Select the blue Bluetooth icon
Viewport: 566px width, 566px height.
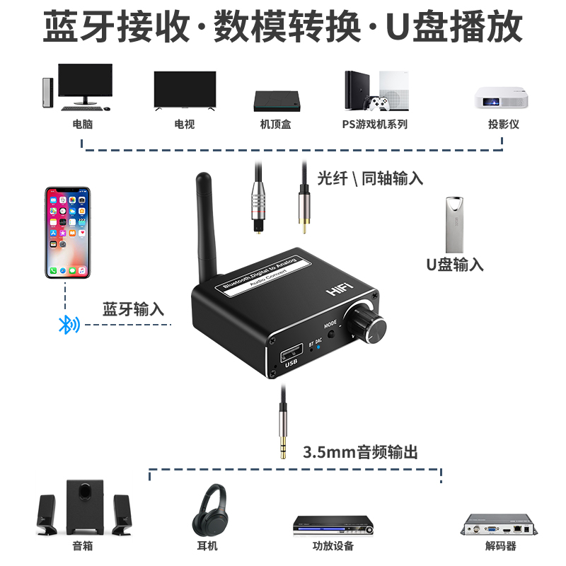tap(69, 325)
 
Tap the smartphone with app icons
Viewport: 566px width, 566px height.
tap(68, 233)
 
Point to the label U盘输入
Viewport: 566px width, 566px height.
tap(455, 265)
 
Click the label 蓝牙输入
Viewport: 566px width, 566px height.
tap(133, 309)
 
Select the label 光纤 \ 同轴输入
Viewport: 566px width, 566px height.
tap(370, 178)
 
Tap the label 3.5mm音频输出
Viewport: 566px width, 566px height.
tap(360, 451)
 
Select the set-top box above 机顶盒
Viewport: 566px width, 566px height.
tap(276, 100)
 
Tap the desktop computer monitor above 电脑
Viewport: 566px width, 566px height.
tap(85, 83)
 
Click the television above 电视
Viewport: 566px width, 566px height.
tap(184, 90)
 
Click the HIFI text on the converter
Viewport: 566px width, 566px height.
tap(340, 290)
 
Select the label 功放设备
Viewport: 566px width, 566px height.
tap(333, 545)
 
